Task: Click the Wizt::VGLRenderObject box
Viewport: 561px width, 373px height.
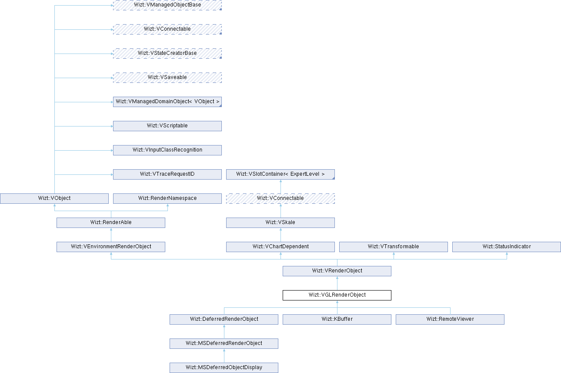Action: click(337, 295)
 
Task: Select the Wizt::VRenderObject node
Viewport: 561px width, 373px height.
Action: click(337, 271)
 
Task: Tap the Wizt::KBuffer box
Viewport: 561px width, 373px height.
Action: click(337, 319)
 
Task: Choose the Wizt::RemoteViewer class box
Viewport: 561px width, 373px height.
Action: click(450, 319)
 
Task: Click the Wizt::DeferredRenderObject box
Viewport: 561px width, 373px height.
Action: click(224, 319)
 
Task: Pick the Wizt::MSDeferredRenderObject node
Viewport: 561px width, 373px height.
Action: click(224, 344)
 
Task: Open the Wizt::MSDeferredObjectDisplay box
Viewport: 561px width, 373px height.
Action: click(224, 368)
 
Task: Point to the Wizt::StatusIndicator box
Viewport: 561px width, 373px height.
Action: click(506, 247)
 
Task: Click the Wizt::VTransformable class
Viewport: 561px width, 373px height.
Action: click(393, 247)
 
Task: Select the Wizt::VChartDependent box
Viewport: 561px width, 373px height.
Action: click(280, 247)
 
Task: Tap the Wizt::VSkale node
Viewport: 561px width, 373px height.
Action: click(280, 223)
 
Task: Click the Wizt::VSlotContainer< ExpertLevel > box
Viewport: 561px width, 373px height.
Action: click(280, 174)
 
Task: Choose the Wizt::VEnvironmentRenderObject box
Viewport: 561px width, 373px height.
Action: click(111, 247)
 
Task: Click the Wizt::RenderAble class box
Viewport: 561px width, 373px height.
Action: click(111, 223)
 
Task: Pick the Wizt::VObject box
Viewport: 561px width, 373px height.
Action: click(54, 199)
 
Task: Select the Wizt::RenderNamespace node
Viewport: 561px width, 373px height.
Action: click(167, 199)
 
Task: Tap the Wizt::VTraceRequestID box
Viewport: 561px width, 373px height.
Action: click(167, 174)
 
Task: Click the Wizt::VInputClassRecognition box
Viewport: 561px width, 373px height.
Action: click(167, 150)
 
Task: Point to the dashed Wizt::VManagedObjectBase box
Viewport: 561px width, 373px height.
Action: click(167, 5)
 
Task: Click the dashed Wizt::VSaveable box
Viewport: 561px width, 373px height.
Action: click(167, 78)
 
